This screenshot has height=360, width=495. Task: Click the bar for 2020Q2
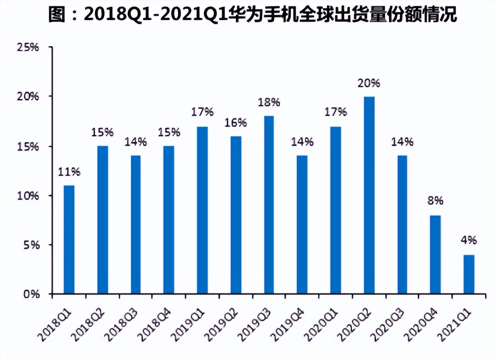tap(369, 195)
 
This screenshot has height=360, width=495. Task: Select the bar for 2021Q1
tap(469, 274)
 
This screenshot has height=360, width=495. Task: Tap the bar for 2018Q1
tap(69, 239)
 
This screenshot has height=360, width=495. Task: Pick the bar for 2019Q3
tap(269, 205)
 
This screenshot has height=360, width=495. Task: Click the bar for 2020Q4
tap(435, 254)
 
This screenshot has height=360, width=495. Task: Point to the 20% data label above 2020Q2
tap(369, 83)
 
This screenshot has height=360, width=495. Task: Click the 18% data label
tap(269, 102)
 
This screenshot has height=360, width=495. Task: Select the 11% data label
tap(69, 172)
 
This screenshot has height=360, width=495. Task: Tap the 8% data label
tap(435, 200)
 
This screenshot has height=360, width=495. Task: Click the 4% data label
tap(469, 240)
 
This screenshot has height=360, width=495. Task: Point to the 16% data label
tap(235, 122)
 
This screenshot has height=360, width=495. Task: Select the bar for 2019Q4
tap(302, 224)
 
